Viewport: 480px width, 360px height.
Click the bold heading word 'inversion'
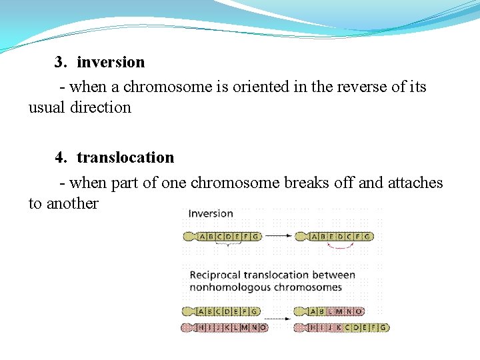point(111,62)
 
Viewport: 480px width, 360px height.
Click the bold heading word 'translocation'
point(125,157)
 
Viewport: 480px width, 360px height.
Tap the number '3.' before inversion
point(61,62)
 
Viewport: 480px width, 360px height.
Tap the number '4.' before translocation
point(61,157)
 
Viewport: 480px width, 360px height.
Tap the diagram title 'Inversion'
point(211,214)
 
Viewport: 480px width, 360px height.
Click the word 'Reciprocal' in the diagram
point(215,275)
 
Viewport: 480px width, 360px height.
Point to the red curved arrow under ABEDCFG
point(340,246)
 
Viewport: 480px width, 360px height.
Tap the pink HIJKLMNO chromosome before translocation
point(225,327)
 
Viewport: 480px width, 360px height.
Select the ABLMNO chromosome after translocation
point(329,311)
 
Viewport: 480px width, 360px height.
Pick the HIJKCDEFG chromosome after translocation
point(341,327)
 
